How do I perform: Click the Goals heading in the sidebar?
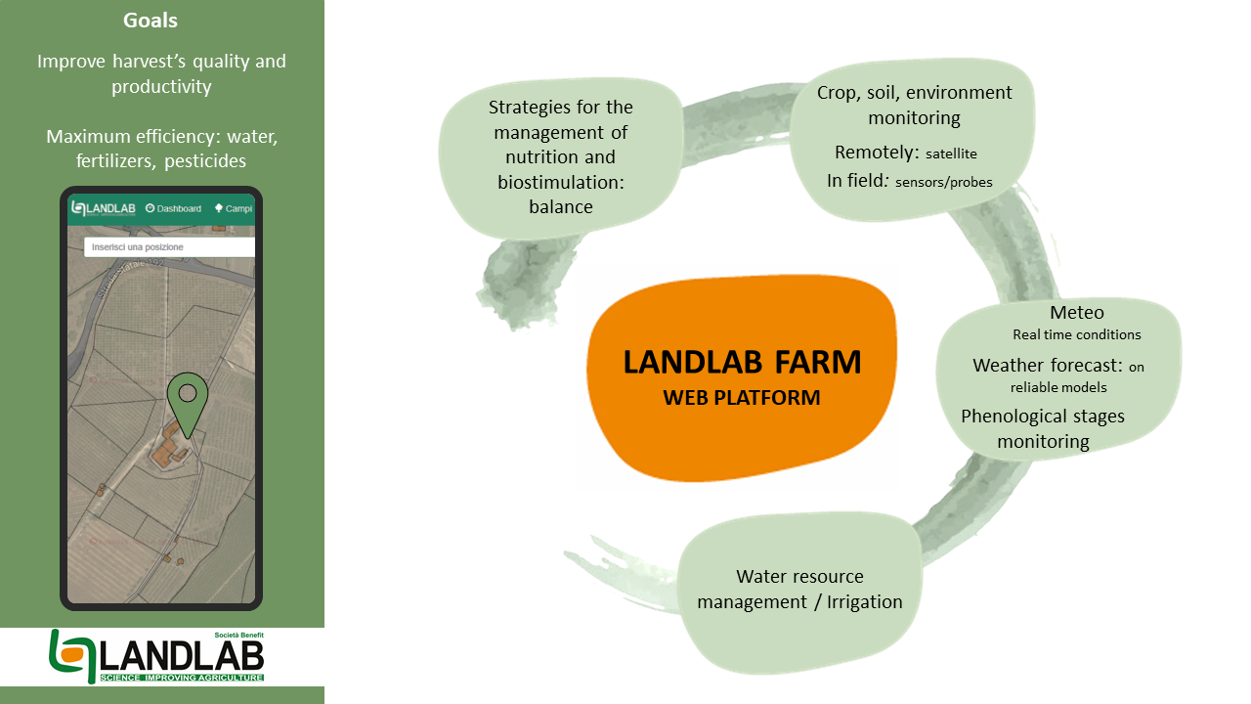tap(151, 21)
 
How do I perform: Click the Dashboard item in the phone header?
tap(173, 208)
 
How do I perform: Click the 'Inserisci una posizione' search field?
tap(168, 247)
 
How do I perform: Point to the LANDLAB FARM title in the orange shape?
tap(742, 363)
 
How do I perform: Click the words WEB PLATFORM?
tap(742, 398)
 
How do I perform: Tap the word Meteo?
tap(1076, 313)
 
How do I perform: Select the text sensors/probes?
tap(943, 182)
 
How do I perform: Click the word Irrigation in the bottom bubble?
tap(864, 601)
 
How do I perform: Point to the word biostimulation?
tap(560, 182)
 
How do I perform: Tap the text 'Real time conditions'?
tap(1076, 335)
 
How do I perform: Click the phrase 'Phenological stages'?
tap(1042, 417)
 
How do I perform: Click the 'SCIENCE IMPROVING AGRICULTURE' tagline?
tap(181, 678)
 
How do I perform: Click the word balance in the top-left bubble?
tap(560, 207)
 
